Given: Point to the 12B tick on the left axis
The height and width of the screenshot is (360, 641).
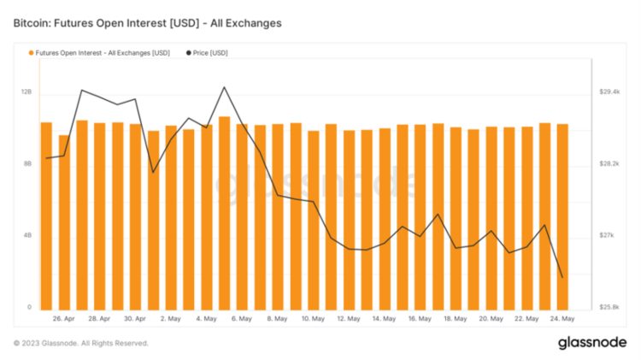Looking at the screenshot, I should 26,91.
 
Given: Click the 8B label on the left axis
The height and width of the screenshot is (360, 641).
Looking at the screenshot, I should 26,163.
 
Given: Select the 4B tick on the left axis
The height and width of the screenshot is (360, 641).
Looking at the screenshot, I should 26,235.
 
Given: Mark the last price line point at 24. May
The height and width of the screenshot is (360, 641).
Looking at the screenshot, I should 562,277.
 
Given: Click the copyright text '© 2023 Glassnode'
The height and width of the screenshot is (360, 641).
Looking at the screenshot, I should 81,343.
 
